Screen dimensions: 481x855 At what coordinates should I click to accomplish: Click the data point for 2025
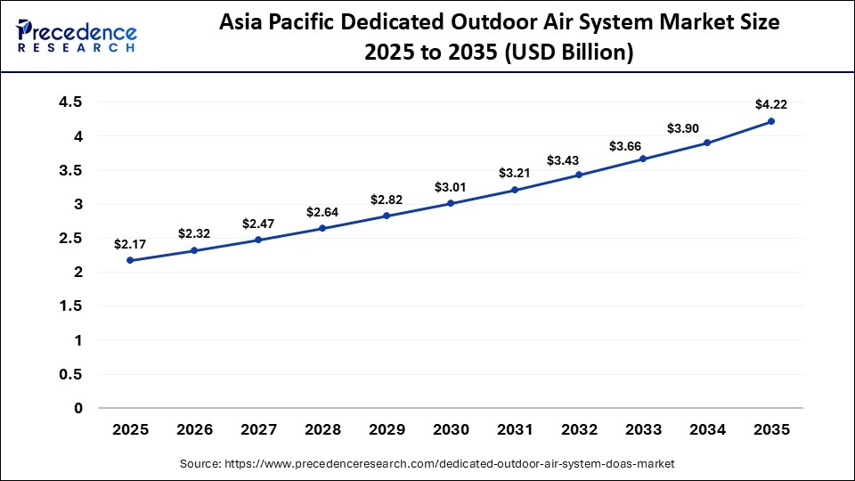130,260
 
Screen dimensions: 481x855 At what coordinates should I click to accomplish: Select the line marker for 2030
451,203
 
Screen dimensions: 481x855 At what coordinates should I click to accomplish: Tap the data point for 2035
771,121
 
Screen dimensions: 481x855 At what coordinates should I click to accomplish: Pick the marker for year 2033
643,159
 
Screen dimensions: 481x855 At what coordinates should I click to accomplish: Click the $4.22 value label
770,104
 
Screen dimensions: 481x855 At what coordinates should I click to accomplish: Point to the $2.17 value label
130,243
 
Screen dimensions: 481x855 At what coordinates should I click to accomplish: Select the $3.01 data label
451,186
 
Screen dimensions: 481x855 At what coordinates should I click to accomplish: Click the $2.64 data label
322,211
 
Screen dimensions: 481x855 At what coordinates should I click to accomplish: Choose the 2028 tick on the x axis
322,429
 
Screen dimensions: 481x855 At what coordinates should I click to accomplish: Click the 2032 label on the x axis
579,429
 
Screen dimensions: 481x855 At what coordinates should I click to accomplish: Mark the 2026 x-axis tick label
194,429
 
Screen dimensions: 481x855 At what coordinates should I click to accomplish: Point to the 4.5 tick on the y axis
71,102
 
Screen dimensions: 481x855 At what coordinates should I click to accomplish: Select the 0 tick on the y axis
77,408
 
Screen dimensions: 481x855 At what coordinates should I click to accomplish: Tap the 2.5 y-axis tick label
71,238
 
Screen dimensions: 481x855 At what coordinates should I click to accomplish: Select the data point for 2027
258,240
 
